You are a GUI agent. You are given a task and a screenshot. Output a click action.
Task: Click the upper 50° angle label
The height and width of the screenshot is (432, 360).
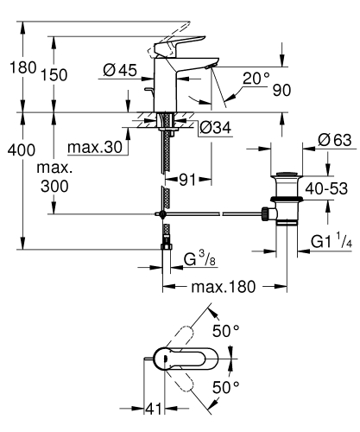(x=227, y=331)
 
